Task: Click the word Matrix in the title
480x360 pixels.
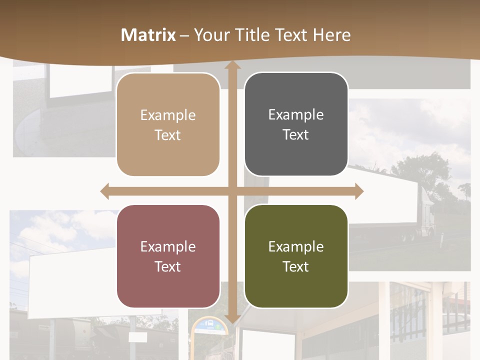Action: click(x=148, y=35)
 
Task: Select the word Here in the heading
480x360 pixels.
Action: click(x=332, y=35)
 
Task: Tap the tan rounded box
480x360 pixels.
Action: click(x=168, y=124)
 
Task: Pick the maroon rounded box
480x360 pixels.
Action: click(x=168, y=256)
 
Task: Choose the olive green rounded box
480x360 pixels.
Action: click(x=296, y=256)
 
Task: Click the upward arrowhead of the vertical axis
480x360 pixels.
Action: click(x=232, y=66)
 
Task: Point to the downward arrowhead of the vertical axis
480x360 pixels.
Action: click(x=232, y=319)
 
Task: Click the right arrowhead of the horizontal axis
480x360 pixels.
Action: click(x=358, y=191)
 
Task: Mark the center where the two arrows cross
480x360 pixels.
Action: click(x=232, y=191)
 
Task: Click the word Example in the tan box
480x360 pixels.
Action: click(x=168, y=115)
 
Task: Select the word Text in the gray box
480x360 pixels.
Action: click(x=296, y=134)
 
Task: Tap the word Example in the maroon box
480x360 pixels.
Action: click(x=168, y=246)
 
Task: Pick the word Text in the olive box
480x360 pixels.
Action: click(x=296, y=266)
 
